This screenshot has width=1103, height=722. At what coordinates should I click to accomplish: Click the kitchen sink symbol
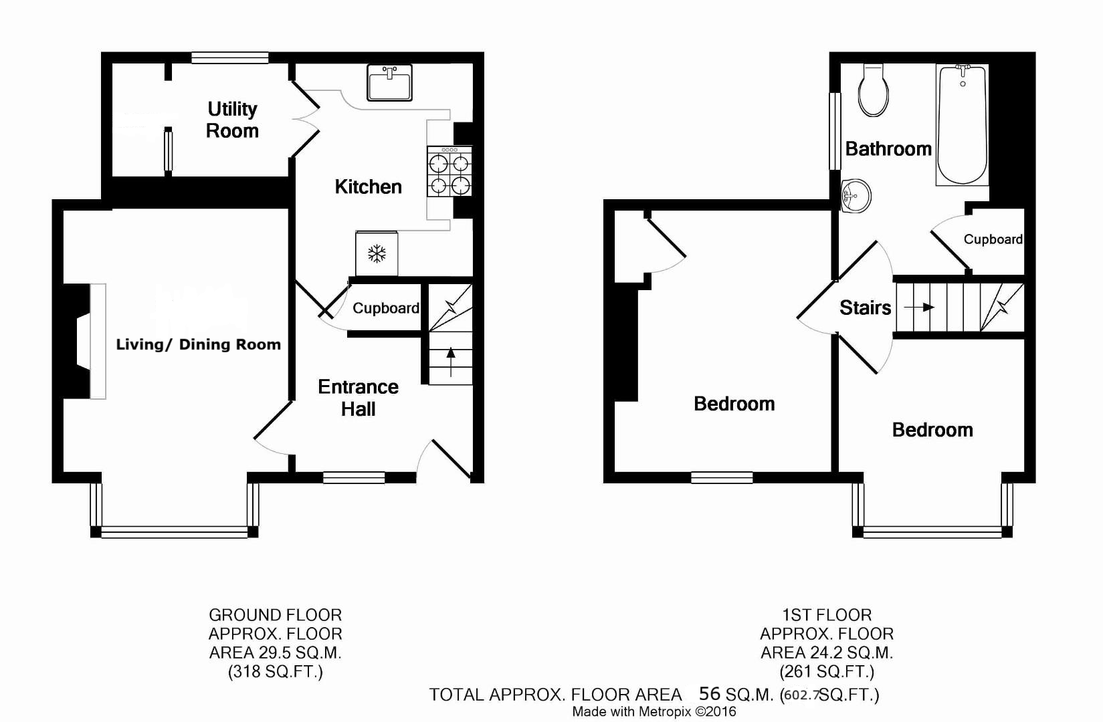(389, 82)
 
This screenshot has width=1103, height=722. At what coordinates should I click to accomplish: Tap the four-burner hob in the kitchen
(449, 171)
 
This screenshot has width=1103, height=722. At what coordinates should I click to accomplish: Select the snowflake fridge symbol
(377, 253)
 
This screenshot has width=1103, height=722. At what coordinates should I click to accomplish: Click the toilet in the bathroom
(874, 90)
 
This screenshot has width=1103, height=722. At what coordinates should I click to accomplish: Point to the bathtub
(962, 125)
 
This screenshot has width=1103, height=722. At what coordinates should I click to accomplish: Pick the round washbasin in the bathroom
(856, 196)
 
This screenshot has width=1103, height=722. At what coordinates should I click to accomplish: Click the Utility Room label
(232, 120)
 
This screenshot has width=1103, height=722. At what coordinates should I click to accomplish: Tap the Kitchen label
(369, 187)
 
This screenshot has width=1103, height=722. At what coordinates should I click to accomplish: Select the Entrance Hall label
(359, 398)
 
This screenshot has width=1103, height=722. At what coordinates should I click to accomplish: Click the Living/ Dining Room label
(199, 344)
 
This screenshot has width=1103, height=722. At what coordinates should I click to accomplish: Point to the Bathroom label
(888, 148)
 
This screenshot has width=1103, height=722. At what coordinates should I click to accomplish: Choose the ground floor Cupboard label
(386, 308)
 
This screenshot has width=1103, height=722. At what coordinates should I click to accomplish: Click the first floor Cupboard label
(993, 239)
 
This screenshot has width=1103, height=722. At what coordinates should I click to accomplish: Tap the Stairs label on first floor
(865, 308)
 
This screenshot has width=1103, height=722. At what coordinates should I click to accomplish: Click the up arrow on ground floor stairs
(451, 362)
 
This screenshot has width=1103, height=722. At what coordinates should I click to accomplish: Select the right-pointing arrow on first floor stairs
(919, 307)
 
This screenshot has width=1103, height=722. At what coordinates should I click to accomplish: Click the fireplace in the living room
(84, 341)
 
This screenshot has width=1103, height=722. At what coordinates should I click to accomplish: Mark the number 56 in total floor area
(710, 693)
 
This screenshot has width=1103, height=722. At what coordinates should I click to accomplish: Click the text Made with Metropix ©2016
(654, 712)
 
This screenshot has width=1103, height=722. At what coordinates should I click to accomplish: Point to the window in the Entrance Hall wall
(354, 477)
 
